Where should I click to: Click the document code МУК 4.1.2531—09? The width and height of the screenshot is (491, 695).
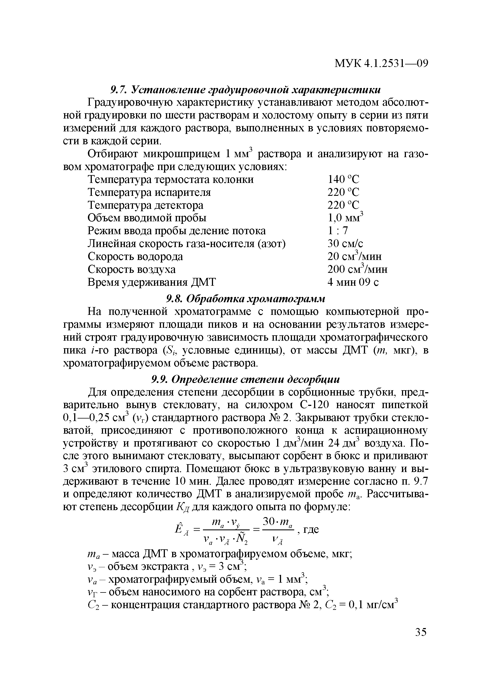click(382, 64)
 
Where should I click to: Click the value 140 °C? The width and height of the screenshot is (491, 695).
click(343, 180)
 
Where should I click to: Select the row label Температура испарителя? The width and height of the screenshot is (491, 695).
click(149, 192)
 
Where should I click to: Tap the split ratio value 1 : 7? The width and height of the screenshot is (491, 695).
click(338, 231)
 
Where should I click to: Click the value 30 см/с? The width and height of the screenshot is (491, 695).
click(345, 244)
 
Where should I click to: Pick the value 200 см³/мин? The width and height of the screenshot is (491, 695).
click(357, 269)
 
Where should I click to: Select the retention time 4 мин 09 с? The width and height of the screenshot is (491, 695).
click(353, 282)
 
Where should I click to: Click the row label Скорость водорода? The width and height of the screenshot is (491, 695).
click(135, 257)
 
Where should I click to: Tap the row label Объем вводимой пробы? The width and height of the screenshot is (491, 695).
click(147, 218)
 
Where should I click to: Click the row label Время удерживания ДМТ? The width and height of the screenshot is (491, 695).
click(152, 282)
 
